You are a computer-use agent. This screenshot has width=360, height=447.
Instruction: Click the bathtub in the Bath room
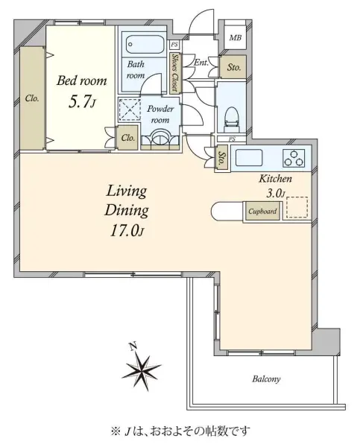point(145,44)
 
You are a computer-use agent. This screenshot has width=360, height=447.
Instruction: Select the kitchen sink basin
point(248,158)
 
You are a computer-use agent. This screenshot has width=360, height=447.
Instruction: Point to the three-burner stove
point(294,158)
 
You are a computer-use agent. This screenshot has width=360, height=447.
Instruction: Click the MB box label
point(236,37)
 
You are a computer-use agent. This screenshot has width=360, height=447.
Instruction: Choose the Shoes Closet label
point(174,73)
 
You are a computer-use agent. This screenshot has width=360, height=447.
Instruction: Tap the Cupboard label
point(262,212)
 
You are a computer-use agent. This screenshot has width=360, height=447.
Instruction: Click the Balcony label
point(266,379)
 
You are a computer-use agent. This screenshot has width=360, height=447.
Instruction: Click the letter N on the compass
point(133,346)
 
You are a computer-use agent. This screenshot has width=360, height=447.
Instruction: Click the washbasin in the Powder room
point(160,138)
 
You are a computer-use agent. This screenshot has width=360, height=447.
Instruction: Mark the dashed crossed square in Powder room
point(130,110)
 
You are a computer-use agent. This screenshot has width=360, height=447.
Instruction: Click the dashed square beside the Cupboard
point(297,207)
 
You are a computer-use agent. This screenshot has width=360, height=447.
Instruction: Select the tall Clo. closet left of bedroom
point(32,98)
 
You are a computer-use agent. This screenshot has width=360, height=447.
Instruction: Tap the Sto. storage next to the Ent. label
point(233,67)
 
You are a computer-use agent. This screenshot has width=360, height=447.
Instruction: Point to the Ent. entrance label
point(201,63)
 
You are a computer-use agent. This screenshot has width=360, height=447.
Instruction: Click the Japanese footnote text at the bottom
point(180,431)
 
